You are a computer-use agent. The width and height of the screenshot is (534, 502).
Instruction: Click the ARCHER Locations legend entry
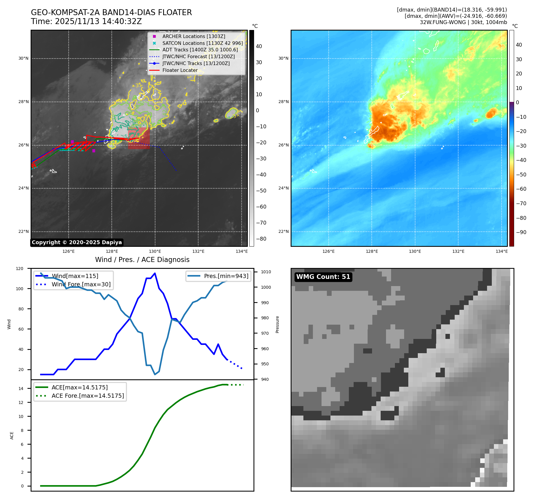[x=193, y=36]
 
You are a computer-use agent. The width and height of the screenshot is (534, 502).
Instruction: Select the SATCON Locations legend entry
[x=202, y=43]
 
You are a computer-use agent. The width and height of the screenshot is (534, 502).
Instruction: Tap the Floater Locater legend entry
[x=180, y=70]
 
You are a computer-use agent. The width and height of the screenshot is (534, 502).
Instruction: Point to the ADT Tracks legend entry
[x=200, y=50]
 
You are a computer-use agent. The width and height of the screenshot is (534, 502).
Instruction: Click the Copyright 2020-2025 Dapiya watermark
[x=77, y=242]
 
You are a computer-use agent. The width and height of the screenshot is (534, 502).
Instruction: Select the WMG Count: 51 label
[x=323, y=277]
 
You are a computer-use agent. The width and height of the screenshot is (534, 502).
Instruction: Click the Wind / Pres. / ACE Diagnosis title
[x=142, y=260]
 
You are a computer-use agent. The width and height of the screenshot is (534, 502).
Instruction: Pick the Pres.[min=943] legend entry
[x=226, y=276]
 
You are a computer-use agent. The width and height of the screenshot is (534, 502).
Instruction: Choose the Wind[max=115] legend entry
[x=75, y=276]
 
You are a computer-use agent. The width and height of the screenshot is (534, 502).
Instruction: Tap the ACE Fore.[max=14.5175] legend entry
[x=88, y=396]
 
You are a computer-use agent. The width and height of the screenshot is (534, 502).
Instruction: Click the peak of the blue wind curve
[x=155, y=273]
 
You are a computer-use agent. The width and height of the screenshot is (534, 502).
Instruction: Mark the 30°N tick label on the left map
[x=23, y=59]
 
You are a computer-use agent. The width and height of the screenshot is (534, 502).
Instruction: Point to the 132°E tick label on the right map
[x=458, y=251]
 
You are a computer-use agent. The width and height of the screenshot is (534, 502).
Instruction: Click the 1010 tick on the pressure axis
[x=266, y=272]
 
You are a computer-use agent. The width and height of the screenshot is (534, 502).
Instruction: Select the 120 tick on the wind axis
[x=20, y=269]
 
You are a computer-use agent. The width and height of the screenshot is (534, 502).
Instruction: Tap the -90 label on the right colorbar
[x=521, y=232]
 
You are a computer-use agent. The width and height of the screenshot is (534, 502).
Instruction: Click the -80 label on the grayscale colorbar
[x=261, y=239]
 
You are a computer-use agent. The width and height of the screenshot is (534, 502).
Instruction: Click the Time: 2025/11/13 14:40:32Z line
[x=86, y=21]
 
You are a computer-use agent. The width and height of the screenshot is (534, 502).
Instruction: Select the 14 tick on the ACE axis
[x=21, y=389]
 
